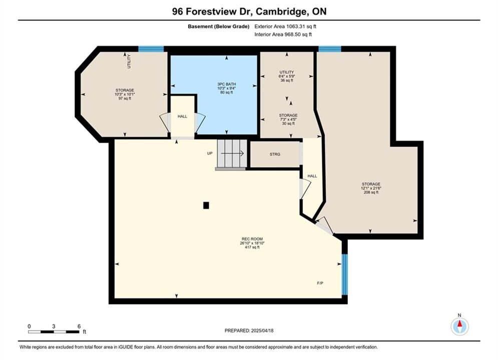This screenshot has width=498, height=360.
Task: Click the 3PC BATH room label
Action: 226,84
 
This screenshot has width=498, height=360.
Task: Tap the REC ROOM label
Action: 252,239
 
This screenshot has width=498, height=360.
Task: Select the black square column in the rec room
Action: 206,205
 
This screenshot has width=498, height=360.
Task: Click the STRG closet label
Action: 275,154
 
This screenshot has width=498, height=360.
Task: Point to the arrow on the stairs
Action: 232,153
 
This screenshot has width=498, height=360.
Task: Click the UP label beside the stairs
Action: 210,153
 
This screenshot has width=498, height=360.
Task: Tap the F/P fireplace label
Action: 320,283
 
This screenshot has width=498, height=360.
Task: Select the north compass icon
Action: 459,325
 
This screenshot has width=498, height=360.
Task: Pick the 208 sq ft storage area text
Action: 371,192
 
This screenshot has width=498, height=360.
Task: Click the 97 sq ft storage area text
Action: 125,98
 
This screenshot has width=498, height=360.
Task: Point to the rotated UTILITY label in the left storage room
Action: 129,61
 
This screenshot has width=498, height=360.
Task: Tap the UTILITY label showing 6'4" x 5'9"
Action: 287,72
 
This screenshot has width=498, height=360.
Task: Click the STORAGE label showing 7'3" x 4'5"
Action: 288,115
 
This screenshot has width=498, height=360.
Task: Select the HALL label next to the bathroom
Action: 182,116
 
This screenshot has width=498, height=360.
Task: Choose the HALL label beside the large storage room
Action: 312,176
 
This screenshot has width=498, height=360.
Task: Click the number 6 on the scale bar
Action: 79,326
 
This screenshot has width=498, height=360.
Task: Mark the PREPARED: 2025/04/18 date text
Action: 249,330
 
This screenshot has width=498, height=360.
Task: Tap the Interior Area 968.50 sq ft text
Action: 283,34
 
